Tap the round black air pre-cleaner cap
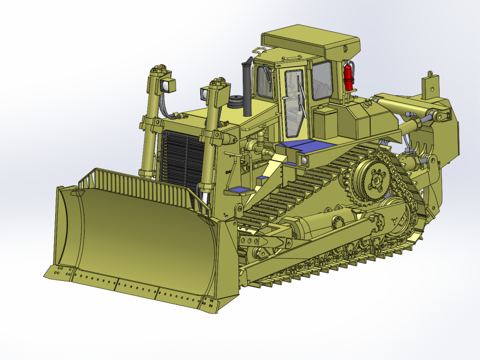click(x=236, y=102)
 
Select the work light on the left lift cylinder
click(x=168, y=85)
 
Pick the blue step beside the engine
click(x=240, y=191)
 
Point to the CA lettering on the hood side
click(x=229, y=172)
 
